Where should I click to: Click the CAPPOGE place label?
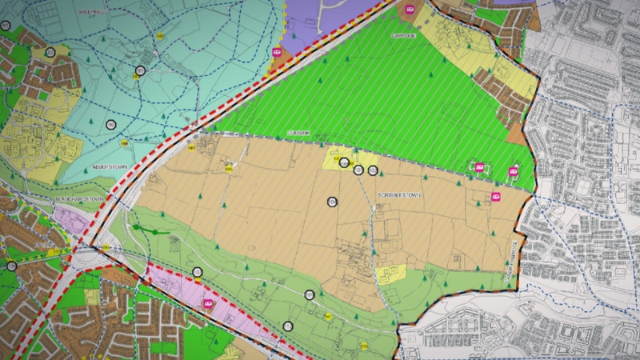402,35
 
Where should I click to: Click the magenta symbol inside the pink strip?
210,305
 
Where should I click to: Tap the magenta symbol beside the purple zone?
277,53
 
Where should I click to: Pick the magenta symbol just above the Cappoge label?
411,9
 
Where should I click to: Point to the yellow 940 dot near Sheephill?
161,37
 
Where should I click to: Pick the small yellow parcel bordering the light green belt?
390,274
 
